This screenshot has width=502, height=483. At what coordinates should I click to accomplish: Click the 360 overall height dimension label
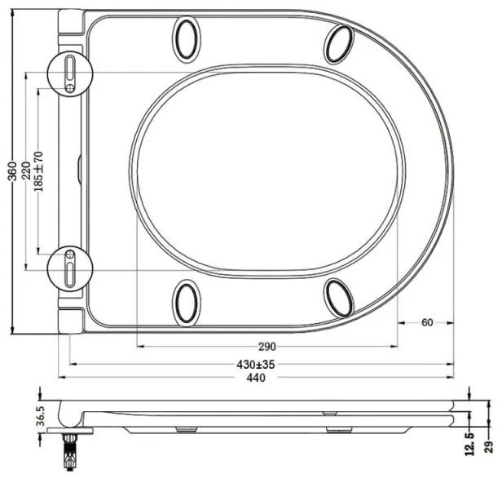coord(12,171)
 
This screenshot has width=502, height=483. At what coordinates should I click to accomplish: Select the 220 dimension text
coord(25,171)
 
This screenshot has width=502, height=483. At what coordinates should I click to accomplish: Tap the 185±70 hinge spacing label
coord(38,171)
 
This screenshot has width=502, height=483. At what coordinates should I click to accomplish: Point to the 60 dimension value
coord(427,322)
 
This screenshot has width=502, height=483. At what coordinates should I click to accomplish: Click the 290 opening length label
coord(266,347)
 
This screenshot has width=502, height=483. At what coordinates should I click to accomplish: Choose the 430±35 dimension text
coord(256,365)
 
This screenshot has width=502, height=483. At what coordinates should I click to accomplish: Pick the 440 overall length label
coord(256,378)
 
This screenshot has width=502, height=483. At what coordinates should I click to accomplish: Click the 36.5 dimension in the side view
coord(41,416)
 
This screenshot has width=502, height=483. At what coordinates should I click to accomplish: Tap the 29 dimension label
coord(489,446)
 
